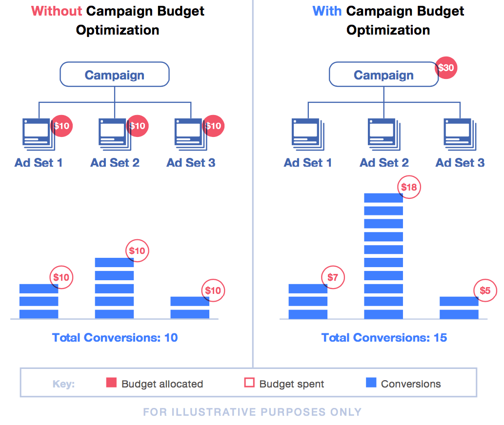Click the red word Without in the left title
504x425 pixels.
click(57, 11)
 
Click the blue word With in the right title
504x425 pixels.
click(327, 11)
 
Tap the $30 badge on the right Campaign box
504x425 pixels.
click(446, 68)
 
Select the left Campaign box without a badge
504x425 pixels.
click(114, 75)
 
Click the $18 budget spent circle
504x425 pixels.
click(410, 187)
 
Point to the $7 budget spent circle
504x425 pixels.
click(333, 278)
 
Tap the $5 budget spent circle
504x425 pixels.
click(485, 290)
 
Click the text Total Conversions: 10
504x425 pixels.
click(115, 337)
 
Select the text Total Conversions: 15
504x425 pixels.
click(384, 337)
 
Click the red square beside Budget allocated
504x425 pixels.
click(111, 383)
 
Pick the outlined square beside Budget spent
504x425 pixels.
click(249, 383)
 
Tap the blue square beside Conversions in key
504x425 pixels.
click(371, 383)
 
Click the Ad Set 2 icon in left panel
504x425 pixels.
click(113, 132)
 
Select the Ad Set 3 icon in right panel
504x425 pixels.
click(458, 132)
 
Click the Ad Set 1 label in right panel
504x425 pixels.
click(308, 163)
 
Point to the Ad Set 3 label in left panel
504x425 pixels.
click(191, 163)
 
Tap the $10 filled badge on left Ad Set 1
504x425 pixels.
click(62, 126)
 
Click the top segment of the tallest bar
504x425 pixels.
click(383, 197)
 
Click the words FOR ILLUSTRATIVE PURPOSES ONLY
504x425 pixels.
click(252, 412)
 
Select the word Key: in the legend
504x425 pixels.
click(63, 384)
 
